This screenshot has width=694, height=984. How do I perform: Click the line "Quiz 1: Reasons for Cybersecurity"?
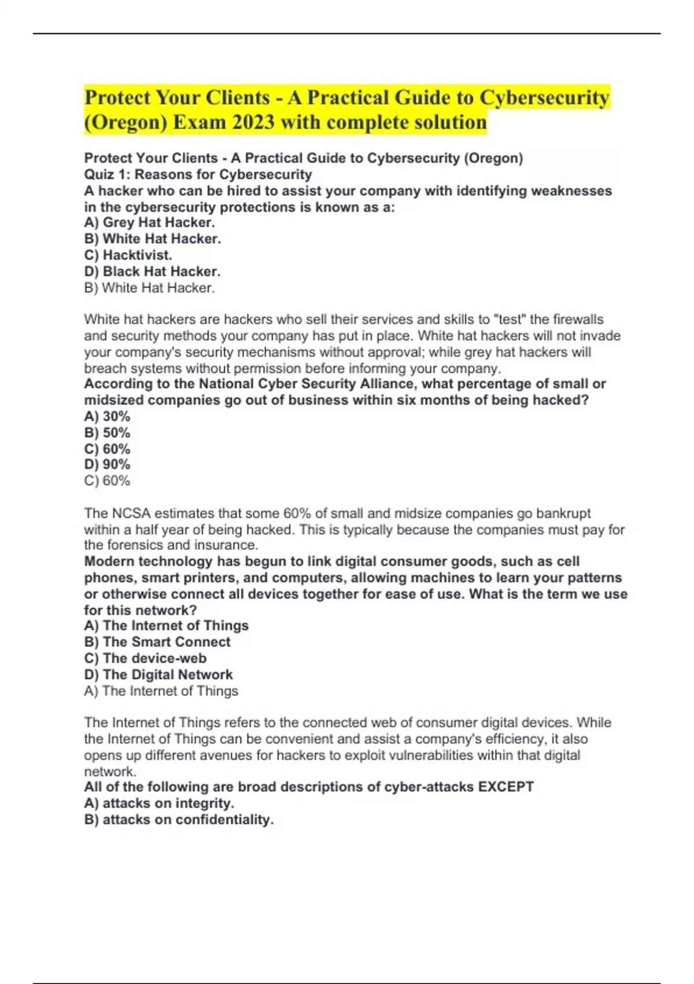click(x=198, y=174)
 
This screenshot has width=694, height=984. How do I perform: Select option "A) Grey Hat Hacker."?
click(x=149, y=222)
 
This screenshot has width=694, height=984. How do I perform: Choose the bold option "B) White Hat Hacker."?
click(x=152, y=238)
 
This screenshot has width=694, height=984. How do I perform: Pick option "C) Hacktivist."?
click(x=128, y=255)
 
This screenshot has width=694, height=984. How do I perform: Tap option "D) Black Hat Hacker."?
click(x=152, y=271)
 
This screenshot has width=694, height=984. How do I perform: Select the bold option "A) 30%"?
click(x=107, y=416)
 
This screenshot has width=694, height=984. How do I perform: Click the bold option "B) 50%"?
click(x=107, y=432)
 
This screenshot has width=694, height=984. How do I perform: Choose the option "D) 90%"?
click(x=107, y=464)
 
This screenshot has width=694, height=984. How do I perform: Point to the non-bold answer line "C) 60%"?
click(x=107, y=480)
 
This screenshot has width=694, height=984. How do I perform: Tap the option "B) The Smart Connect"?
click(x=157, y=642)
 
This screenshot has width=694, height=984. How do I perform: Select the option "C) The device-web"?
click(x=145, y=658)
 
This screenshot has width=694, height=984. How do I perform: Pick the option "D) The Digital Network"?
click(x=158, y=674)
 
